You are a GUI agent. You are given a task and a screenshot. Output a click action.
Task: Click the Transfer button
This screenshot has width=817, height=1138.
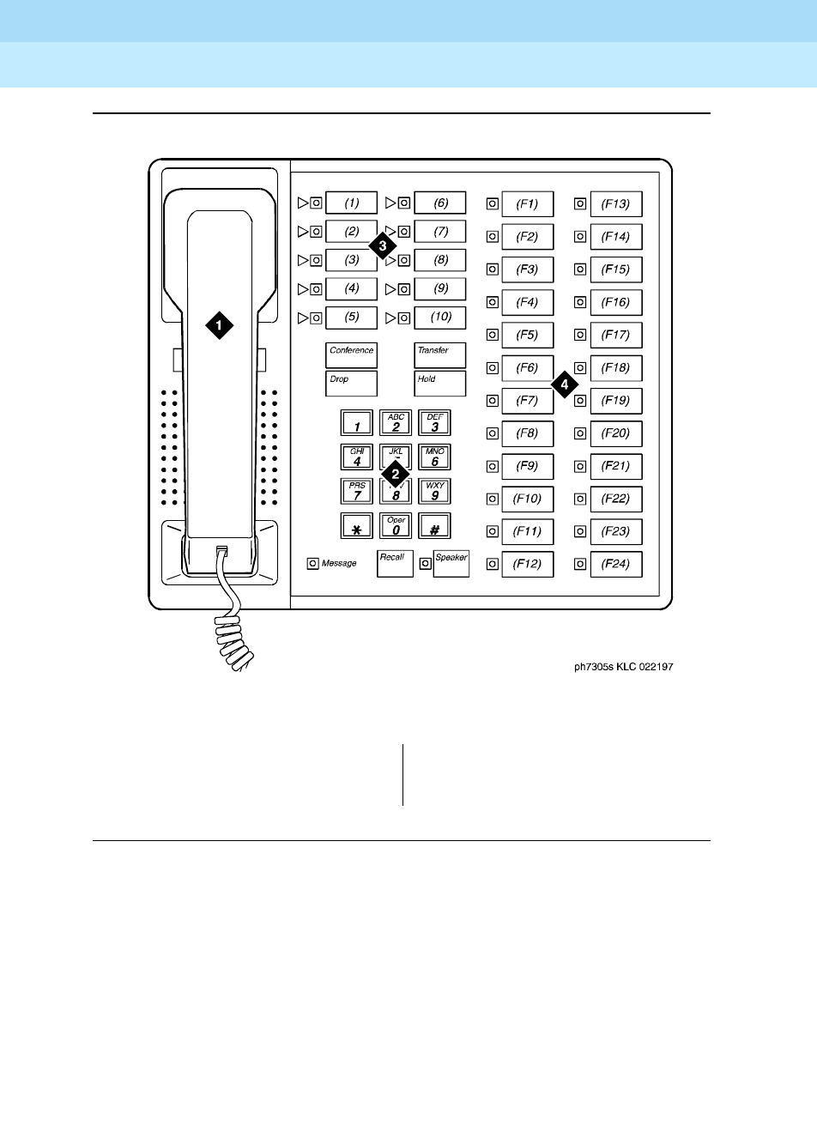pyautogui.click(x=439, y=355)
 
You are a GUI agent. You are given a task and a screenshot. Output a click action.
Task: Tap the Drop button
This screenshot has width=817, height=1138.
pyautogui.click(x=351, y=384)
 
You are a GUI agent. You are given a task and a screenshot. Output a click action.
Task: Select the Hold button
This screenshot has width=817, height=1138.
pyautogui.click(x=439, y=384)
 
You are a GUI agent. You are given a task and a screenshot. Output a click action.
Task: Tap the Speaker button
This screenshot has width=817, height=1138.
pyautogui.click(x=451, y=564)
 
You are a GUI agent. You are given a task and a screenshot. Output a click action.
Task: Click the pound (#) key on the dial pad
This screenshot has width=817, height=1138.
pyautogui.click(x=435, y=526)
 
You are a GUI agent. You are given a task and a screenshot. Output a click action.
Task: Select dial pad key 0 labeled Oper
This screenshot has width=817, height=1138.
pyautogui.click(x=396, y=526)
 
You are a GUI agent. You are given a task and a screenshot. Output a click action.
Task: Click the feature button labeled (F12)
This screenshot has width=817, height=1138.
pyautogui.click(x=527, y=564)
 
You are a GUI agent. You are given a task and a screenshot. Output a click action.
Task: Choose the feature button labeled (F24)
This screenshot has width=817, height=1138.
pyautogui.click(x=615, y=564)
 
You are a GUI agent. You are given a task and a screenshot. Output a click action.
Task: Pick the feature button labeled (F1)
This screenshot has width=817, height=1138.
pyautogui.click(x=527, y=204)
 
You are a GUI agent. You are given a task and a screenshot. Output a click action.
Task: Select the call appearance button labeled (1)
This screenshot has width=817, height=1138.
pyautogui.click(x=352, y=203)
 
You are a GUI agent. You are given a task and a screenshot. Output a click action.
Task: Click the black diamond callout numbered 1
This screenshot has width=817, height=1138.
pyautogui.click(x=219, y=324)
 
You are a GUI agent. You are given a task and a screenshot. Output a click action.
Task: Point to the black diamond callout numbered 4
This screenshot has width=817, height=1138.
pyautogui.click(x=564, y=384)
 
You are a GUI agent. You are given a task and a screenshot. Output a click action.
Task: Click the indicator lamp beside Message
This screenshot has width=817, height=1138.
pyautogui.click(x=313, y=564)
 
